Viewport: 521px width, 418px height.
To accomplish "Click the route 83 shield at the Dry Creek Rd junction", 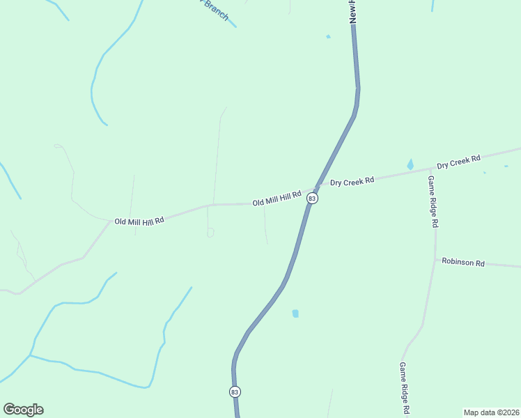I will (312, 199).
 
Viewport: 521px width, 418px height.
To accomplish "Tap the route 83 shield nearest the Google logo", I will (235, 392).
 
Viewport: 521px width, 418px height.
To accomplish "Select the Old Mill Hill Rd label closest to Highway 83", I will (277, 199).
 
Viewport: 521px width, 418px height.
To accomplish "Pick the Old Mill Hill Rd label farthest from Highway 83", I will (139, 221).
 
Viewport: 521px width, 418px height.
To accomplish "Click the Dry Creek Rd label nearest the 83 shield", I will (352, 181).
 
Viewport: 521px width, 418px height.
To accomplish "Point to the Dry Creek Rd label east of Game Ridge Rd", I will (459, 162).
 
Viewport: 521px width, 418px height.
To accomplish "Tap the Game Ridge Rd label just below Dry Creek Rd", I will (432, 202).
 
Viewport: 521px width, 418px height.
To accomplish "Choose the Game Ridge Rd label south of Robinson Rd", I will (403, 387).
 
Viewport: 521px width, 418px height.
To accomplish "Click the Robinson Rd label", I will (462, 263).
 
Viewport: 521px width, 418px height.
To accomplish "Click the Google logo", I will (24, 410).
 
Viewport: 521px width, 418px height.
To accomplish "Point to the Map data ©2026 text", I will (491, 412).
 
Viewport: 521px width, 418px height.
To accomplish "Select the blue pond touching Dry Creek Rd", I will (410, 165).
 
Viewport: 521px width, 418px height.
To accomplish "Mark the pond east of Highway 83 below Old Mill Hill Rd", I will (295, 313).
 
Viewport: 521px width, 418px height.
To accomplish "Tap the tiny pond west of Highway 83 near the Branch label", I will (328, 36).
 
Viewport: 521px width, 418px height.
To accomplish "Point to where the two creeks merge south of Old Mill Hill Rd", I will (30, 355).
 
